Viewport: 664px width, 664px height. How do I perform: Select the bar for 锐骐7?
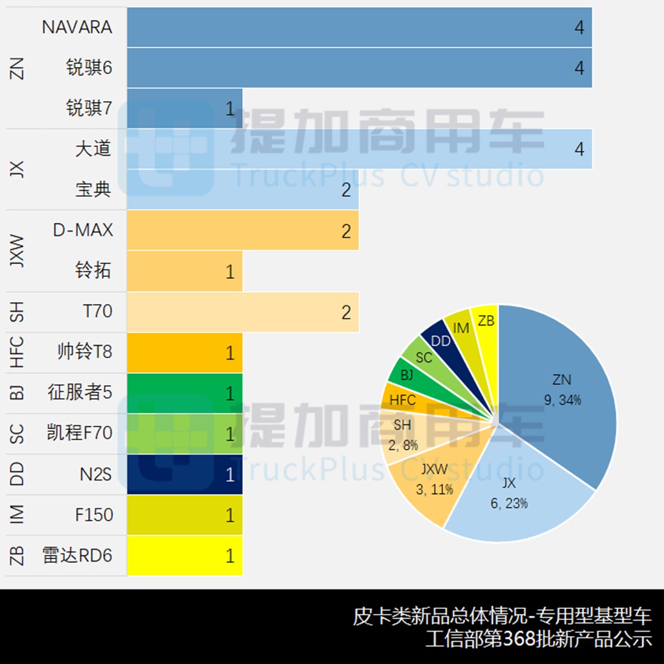pos(185,108)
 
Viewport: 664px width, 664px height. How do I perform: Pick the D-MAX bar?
pos(243,231)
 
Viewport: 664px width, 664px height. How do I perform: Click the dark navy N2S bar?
pos(185,475)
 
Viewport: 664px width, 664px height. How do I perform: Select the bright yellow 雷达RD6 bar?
pos(185,556)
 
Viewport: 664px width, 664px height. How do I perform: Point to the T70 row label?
pos(97,312)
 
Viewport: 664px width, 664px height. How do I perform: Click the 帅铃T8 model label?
pos(84,352)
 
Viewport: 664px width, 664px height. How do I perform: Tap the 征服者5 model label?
pos(80,392)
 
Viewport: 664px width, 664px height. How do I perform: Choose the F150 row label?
pos(94,516)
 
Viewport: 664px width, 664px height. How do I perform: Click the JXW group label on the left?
pos(18,251)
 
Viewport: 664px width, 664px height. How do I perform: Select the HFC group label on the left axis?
pos(18,352)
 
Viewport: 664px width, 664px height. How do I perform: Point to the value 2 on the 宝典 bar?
pos(346,190)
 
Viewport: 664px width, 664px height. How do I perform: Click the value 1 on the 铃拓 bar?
pos(230,272)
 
